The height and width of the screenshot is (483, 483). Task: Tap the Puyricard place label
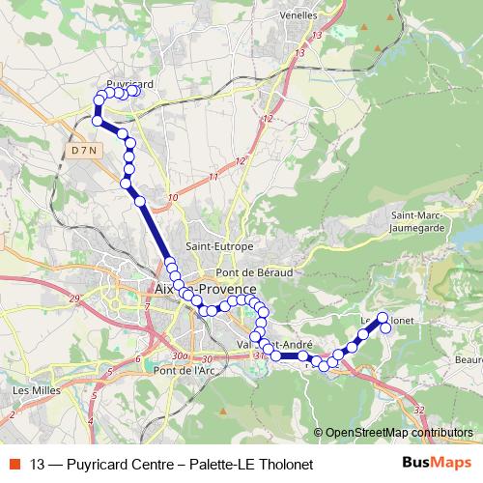pos(130,85)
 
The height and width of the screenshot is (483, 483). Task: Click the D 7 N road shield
pos(85,152)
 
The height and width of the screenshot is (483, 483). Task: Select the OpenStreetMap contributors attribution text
pos(399,434)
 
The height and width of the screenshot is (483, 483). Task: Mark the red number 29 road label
pos(74,299)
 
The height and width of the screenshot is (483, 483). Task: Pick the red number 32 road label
pos(418,410)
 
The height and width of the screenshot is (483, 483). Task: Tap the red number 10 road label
pos(173,198)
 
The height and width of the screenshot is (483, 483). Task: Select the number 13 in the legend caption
pos(39,464)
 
